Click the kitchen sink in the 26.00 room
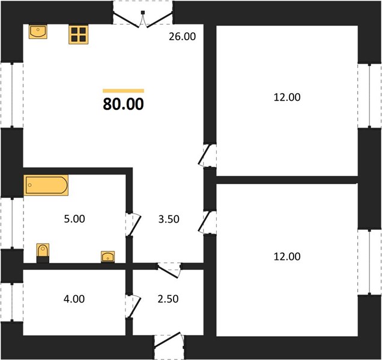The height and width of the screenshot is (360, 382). click(38, 31)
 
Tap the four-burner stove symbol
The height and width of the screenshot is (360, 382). click(79, 35)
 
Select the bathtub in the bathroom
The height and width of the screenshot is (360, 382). click(46, 185)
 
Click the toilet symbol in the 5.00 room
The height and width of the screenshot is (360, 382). click(43, 253)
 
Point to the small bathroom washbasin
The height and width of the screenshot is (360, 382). click(108, 257)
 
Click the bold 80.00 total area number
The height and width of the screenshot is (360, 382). click(124, 104)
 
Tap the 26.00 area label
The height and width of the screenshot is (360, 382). click(182, 37)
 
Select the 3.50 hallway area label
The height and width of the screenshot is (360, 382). click(169, 219)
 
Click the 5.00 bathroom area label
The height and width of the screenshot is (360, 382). click(74, 219)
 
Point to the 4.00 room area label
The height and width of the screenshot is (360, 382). click(74, 299)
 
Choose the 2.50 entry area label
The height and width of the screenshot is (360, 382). click(168, 299)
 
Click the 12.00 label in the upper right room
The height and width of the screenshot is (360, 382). click(287, 97)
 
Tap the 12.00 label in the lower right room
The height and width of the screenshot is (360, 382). click(287, 257)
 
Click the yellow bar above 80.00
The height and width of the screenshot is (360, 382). click(124, 91)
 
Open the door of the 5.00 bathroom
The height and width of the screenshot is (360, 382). click(133, 224)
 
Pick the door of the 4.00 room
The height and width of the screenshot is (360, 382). click(133, 306)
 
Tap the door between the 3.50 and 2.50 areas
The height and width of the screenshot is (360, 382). click(169, 270)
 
